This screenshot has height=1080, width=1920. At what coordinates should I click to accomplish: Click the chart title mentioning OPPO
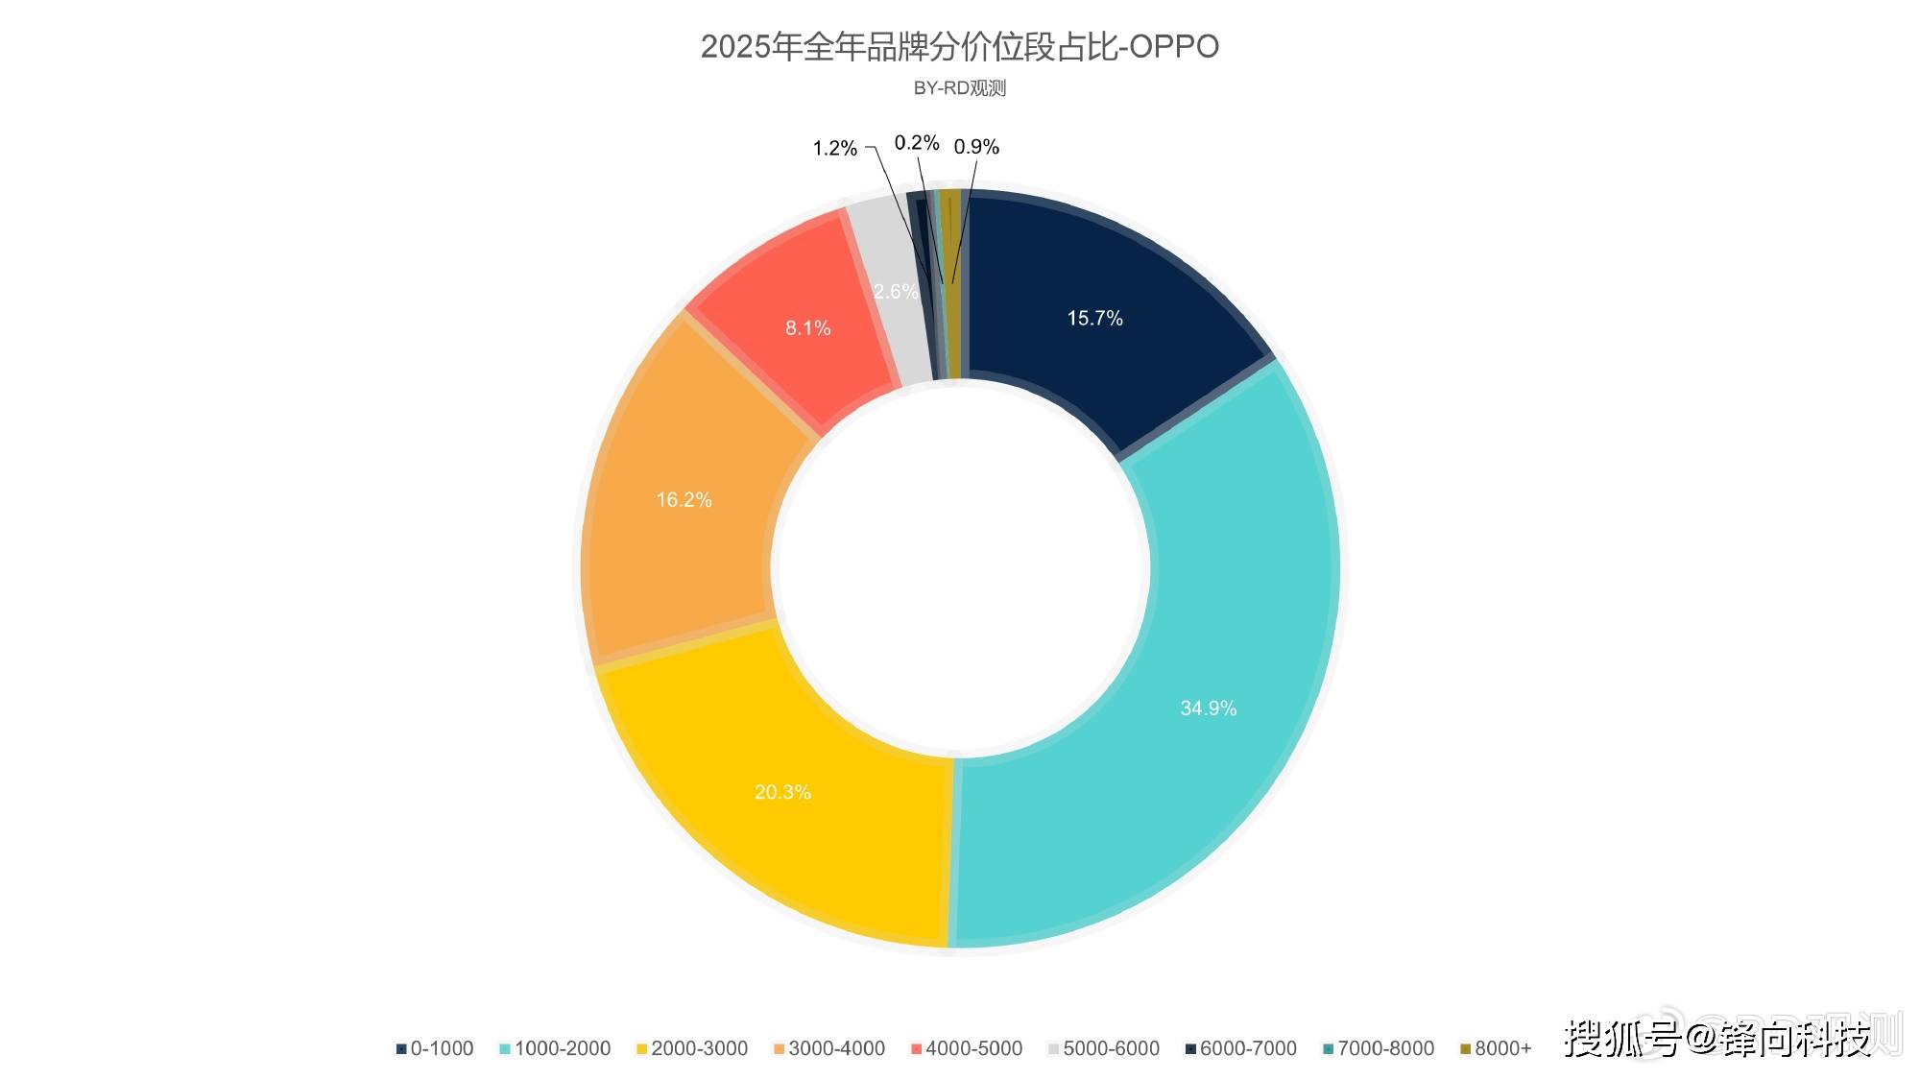[x=959, y=46]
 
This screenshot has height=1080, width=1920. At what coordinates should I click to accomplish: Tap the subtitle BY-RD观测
[x=959, y=88]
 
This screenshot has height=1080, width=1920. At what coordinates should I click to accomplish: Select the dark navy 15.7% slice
[x=1094, y=318]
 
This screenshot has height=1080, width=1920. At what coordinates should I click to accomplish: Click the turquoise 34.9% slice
[x=1208, y=708]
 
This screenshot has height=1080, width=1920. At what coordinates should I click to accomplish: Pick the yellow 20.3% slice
[x=782, y=792]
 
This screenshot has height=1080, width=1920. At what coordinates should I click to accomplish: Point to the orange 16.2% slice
[x=684, y=499]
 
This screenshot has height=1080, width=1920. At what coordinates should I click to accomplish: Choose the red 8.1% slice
[x=807, y=327]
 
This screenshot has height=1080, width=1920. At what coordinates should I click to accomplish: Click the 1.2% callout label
[x=834, y=148]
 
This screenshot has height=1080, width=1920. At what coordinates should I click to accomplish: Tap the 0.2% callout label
[x=916, y=143]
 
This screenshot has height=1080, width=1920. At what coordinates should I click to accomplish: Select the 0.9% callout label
[x=975, y=147]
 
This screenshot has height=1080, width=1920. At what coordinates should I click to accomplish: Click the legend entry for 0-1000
[x=435, y=1048]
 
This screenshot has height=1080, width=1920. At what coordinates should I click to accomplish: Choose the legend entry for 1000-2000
[x=555, y=1048]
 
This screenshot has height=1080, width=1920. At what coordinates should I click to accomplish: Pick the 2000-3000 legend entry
[x=692, y=1048]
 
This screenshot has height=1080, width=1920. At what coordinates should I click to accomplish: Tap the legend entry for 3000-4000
[x=829, y=1048]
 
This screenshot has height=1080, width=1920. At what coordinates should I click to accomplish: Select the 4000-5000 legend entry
[x=967, y=1048]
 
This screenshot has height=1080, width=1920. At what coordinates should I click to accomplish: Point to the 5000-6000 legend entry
[x=1104, y=1048]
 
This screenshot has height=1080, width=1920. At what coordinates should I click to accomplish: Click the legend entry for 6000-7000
[x=1241, y=1048]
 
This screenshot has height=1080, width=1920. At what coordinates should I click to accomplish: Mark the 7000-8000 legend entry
[x=1379, y=1048]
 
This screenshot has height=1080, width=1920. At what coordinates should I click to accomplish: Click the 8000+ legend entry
[x=1496, y=1048]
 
